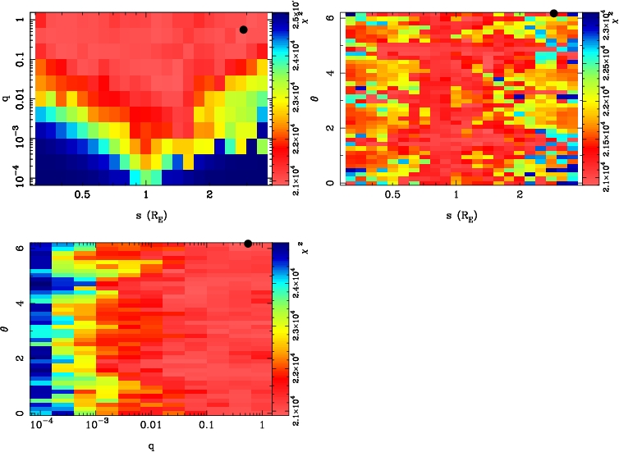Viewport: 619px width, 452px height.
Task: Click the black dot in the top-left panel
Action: pos(244,30)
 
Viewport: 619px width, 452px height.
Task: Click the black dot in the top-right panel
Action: pos(553,13)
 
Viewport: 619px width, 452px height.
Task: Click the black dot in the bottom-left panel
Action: pos(248,244)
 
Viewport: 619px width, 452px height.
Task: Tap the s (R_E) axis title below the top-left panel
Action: pos(145,217)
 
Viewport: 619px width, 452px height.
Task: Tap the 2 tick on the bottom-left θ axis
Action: pos(21,358)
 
